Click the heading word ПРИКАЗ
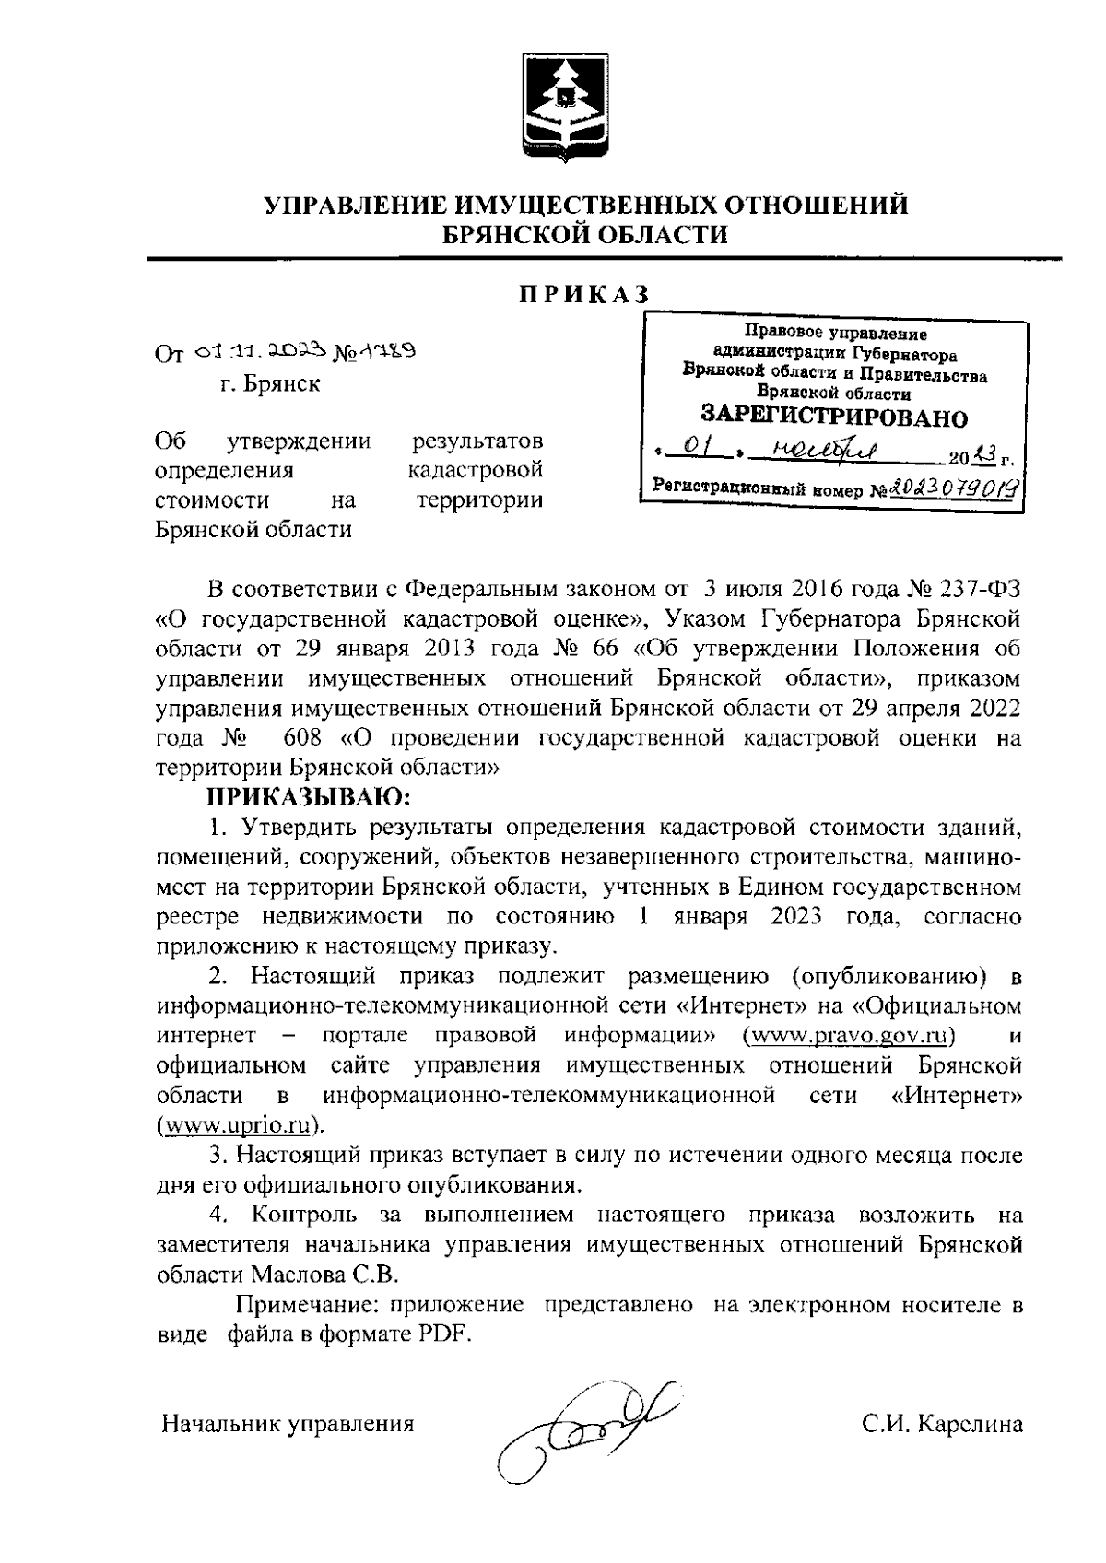(582, 293)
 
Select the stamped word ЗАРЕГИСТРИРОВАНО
(834, 417)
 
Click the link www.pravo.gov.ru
(848, 1035)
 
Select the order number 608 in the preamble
(304, 738)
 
